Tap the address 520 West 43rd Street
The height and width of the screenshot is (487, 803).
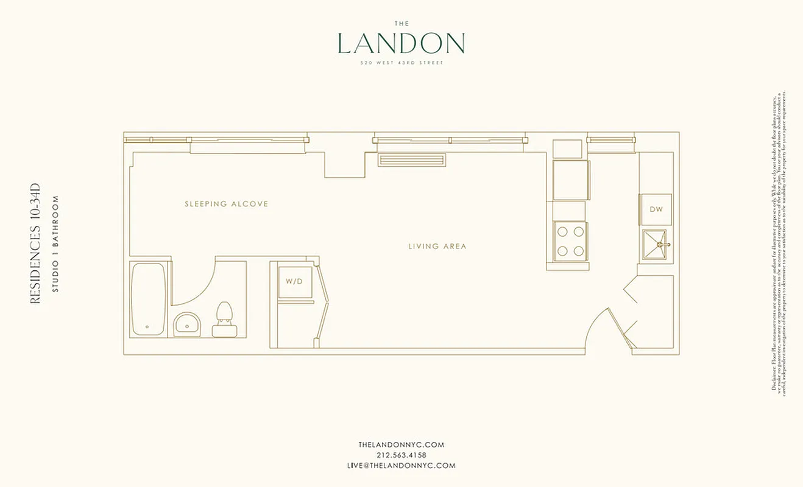pyautogui.click(x=401, y=63)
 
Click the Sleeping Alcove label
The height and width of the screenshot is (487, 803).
pyautogui.click(x=226, y=204)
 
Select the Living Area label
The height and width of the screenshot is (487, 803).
pyautogui.click(x=437, y=247)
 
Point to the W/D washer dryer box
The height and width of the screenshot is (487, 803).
pyautogui.click(x=295, y=281)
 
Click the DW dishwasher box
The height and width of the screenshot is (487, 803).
pyautogui.click(x=656, y=209)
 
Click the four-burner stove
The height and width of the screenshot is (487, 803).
pyautogui.click(x=570, y=241)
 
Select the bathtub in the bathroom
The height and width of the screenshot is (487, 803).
pyautogui.click(x=148, y=298)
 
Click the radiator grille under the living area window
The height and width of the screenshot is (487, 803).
pyautogui.click(x=411, y=160)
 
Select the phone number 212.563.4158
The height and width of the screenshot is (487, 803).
pyautogui.click(x=401, y=455)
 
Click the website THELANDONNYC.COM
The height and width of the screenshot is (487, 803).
pyautogui.click(x=401, y=444)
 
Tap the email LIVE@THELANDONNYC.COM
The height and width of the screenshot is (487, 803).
pyautogui.click(x=401, y=465)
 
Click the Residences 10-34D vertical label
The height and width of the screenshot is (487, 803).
pyautogui.click(x=35, y=243)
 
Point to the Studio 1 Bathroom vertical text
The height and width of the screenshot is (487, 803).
pyautogui.click(x=55, y=243)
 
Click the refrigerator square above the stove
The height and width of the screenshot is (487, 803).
pyautogui.click(x=571, y=180)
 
